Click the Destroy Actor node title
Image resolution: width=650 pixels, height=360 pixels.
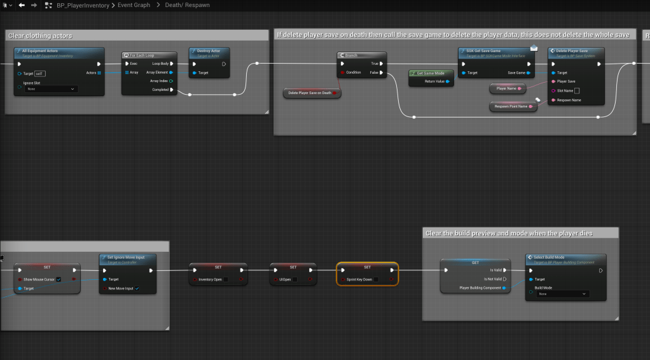(208, 51)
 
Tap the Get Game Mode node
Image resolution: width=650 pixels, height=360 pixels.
(431, 73)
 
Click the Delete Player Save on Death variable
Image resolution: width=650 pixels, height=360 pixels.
(311, 93)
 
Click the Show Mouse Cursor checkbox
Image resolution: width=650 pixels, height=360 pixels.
(59, 279)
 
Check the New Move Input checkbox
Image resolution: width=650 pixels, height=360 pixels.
(137, 288)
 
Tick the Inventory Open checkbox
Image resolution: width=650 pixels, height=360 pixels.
(226, 279)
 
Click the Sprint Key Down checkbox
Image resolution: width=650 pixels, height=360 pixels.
(377, 279)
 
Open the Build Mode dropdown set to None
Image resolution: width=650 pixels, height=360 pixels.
(562, 294)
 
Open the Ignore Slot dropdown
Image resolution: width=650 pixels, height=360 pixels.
(51, 89)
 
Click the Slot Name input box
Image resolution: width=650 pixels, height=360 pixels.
(577, 91)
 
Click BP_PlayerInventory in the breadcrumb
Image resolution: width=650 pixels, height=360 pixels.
(85, 5)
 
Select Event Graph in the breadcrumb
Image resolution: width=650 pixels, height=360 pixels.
(134, 5)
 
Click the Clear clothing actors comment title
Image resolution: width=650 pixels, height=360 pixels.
(41, 36)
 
